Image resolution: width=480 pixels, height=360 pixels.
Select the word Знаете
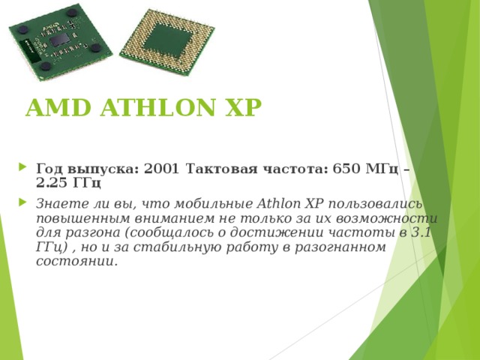point(59,203)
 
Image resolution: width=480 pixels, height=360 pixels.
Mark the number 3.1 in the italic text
point(424,232)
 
